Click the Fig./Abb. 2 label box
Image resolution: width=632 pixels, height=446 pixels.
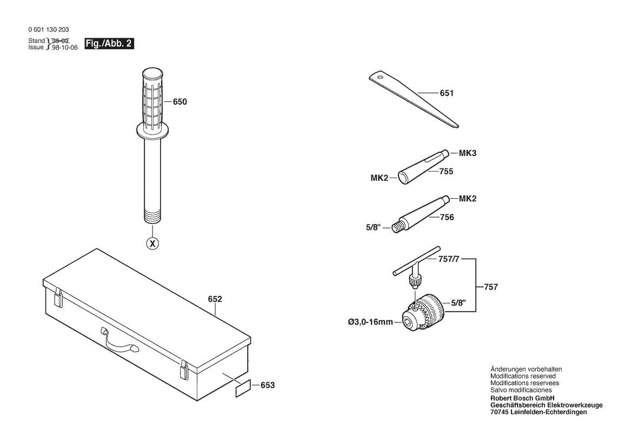[109, 44]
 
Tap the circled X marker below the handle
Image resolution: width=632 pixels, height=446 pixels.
[152, 244]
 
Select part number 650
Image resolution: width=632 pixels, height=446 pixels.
[180, 102]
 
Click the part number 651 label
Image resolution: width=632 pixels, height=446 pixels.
[447, 93]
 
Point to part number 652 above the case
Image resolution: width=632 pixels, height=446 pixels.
[215, 299]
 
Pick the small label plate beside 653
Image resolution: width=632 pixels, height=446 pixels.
[243, 388]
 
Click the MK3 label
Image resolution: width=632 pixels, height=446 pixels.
[468, 153]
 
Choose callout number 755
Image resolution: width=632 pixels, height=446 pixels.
[446, 172]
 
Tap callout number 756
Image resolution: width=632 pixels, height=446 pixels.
[447, 218]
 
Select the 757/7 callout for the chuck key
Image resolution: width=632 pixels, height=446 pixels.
[449, 259]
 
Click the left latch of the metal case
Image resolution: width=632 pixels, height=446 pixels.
[59, 298]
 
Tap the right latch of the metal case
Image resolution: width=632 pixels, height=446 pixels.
[184, 369]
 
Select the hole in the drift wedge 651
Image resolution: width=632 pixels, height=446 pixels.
[380, 76]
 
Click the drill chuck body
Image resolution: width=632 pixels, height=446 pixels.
[423, 312]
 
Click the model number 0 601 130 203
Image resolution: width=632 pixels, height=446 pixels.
[49, 29]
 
